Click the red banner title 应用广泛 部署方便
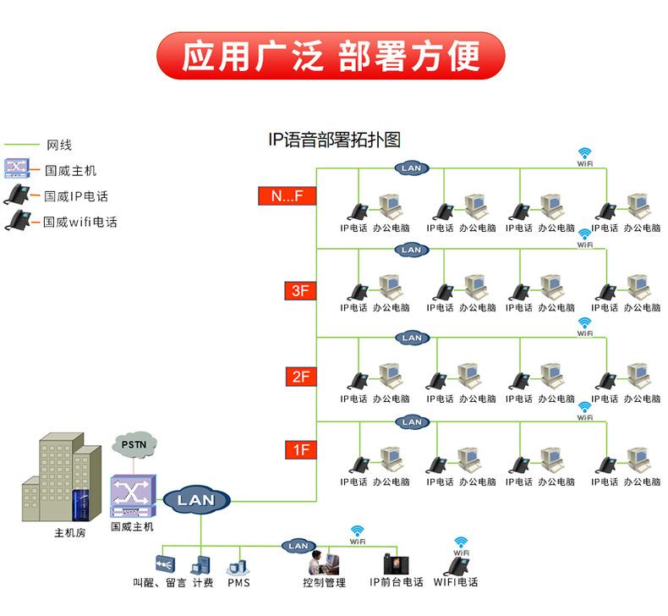[331, 56]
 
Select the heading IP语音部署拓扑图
[335, 140]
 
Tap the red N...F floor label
[287, 196]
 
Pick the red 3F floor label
[300, 291]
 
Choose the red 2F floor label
[301, 377]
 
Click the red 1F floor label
[301, 450]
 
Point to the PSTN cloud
[134, 444]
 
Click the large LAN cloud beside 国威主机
[196, 500]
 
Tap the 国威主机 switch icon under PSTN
[133, 496]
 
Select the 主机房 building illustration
[62, 477]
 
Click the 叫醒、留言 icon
[165, 564]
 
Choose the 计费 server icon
[200, 565]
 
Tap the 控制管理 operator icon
[323, 563]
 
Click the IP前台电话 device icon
[397, 564]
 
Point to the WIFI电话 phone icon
[456, 567]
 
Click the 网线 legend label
[59, 146]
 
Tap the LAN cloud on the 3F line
[412, 250]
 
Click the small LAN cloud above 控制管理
[298, 546]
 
